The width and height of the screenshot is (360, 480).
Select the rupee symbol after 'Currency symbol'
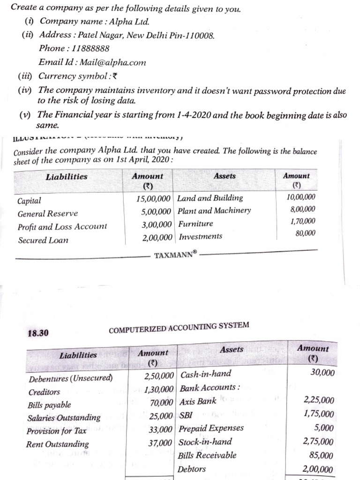pos(115,76)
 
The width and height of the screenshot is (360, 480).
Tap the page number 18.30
pos(38,333)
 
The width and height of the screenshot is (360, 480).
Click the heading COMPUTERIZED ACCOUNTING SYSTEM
pos(179,328)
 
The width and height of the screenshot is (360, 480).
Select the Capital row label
pos(29,201)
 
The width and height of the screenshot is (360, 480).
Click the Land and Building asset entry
pos(210,198)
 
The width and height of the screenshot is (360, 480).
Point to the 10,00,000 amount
pos(300,197)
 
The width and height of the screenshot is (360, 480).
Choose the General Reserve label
pos(48,214)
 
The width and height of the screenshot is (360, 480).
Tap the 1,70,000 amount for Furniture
pos(303,221)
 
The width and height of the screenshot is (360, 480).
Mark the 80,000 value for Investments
pos(306,233)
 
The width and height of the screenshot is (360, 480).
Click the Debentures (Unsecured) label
pos(70,378)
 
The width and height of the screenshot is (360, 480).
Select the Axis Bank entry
pos(198,401)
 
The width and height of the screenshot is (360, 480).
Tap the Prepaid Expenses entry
pos(212,428)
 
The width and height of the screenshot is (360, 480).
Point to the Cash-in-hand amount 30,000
pos(322,373)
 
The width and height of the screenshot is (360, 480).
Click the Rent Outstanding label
pos(57,444)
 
